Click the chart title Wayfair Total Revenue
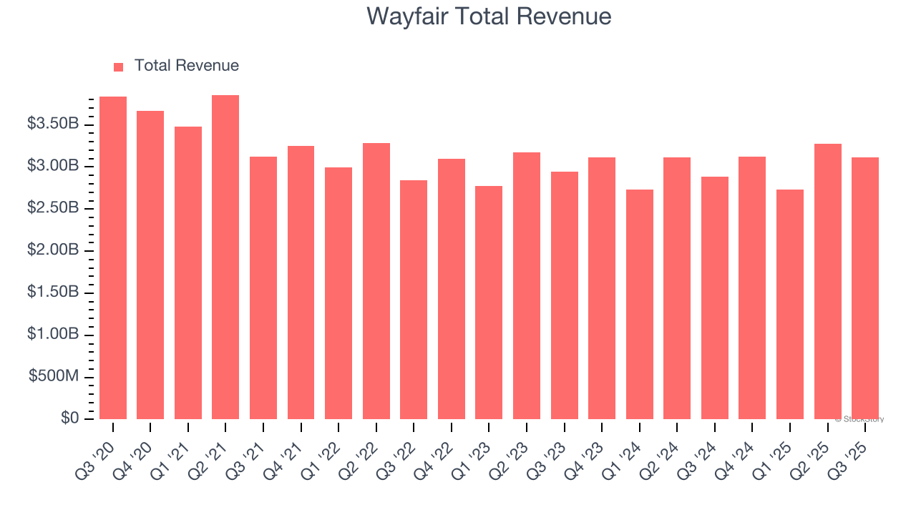(x=489, y=16)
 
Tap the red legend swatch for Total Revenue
(x=119, y=67)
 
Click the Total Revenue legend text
(x=186, y=66)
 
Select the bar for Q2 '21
(x=225, y=257)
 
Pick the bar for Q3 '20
(x=113, y=257)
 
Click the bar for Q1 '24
(x=639, y=304)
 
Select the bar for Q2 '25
(x=827, y=281)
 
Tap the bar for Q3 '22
(x=414, y=299)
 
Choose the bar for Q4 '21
(x=301, y=283)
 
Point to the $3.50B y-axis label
(x=53, y=124)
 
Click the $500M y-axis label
(x=54, y=376)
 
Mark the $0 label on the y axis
(x=69, y=418)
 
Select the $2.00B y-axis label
(x=53, y=250)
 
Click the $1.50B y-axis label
(x=53, y=292)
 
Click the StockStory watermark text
(x=859, y=419)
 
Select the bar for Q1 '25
(x=789, y=304)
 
